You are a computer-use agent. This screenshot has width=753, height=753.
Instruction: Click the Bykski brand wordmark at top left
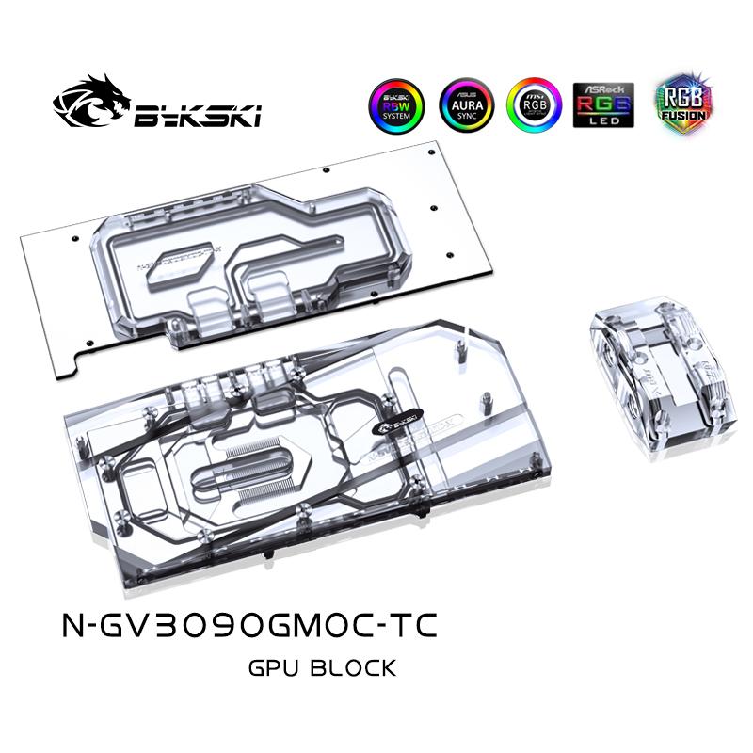coord(198,117)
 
